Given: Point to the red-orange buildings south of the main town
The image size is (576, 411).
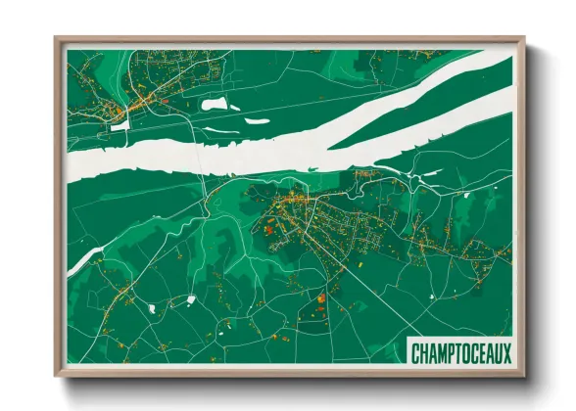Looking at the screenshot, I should (320, 297).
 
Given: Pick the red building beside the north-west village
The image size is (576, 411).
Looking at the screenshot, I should (167, 100).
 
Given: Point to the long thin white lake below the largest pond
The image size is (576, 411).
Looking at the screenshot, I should (257, 120).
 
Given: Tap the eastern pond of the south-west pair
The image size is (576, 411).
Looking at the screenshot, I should (190, 298).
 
